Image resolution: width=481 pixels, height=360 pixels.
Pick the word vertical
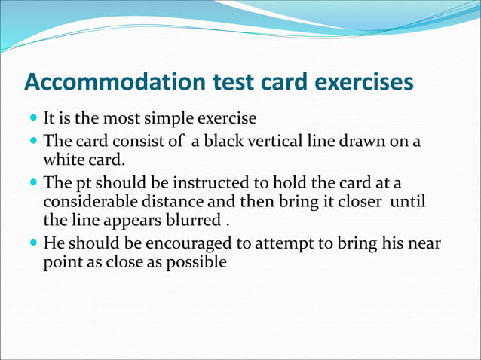pos(274,142)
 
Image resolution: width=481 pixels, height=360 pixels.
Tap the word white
pos(63,160)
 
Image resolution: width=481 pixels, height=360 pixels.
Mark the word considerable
pos(87,203)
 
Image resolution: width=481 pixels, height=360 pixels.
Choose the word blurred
pos(198,221)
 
